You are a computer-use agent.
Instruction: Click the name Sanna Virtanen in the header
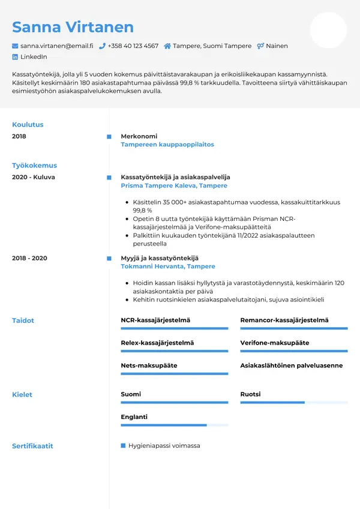click(x=73, y=27)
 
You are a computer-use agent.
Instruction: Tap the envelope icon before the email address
click(x=15, y=46)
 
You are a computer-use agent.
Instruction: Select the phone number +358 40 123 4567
click(x=133, y=46)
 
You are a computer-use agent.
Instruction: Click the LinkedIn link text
click(x=34, y=56)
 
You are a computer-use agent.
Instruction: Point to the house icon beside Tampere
click(x=167, y=46)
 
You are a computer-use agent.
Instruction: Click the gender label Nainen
click(x=277, y=46)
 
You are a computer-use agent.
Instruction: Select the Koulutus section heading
click(x=28, y=125)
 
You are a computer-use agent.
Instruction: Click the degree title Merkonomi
click(x=139, y=136)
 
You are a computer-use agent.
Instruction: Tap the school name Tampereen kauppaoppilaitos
click(x=167, y=145)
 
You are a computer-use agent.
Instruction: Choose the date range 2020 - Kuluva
click(x=34, y=178)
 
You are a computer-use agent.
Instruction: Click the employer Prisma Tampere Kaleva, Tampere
click(x=174, y=186)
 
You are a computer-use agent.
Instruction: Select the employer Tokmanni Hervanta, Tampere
click(x=168, y=267)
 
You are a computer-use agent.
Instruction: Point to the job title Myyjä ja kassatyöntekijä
click(x=160, y=258)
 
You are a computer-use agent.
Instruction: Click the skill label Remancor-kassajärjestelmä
click(x=284, y=321)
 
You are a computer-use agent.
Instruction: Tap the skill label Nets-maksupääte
click(x=149, y=365)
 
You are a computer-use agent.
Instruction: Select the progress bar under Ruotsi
click(x=294, y=402)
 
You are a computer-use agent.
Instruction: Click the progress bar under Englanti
click(x=174, y=425)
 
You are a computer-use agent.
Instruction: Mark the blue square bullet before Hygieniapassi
click(x=123, y=446)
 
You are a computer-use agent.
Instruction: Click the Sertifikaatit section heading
click(x=32, y=446)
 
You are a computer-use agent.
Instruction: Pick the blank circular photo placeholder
click(x=328, y=30)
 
